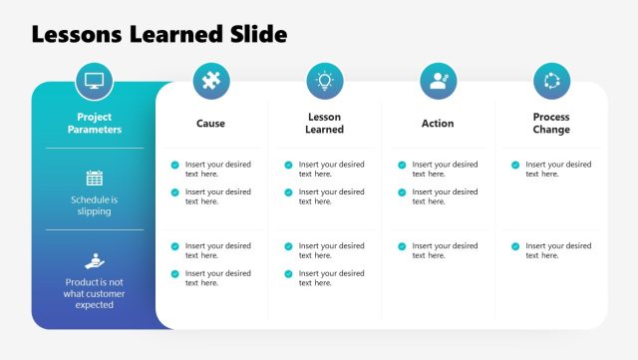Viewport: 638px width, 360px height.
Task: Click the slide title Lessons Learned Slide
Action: tap(159, 35)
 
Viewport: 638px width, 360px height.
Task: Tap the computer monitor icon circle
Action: tap(95, 81)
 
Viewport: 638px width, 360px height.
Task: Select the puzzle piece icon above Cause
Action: tap(210, 81)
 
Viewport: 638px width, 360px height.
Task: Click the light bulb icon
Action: tap(324, 81)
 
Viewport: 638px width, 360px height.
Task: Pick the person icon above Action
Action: tap(438, 81)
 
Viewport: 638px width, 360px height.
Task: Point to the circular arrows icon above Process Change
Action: tap(551, 81)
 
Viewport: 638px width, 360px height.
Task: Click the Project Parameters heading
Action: tap(95, 124)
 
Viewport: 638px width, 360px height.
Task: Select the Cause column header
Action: tap(210, 124)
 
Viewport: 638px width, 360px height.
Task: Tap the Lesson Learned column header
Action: tap(324, 124)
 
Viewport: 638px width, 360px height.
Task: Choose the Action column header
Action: tap(438, 124)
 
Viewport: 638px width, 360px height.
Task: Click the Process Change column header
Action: tap(551, 124)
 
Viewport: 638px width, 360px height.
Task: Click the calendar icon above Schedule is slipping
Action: tap(95, 179)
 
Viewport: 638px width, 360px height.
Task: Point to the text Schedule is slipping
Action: tap(95, 205)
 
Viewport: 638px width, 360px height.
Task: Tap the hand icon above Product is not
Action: tap(95, 260)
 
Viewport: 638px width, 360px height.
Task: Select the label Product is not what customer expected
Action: tap(95, 293)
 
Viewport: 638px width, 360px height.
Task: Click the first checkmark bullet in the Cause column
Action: tap(175, 165)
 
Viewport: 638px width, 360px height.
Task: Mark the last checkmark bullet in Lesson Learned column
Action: tap(289, 273)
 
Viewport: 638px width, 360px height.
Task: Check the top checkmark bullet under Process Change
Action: tap(515, 165)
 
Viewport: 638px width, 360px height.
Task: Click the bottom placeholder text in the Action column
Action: tap(445, 250)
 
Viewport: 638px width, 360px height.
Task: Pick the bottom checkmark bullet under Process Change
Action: tap(515, 246)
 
